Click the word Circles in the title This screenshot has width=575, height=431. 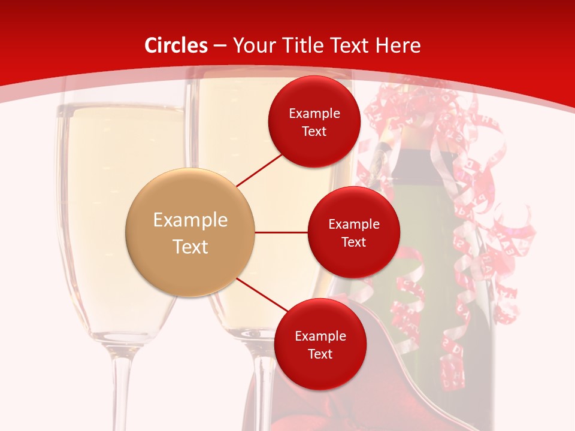[x=176, y=45]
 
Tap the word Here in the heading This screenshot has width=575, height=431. [x=398, y=45]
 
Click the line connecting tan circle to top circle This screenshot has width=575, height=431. [x=261, y=169]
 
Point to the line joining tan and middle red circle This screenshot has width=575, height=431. [x=281, y=232]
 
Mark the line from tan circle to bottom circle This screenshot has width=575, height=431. [x=264, y=295]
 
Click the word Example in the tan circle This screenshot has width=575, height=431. [x=190, y=220]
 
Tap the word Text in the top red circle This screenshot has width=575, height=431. [x=314, y=132]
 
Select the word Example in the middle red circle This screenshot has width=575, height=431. [x=354, y=224]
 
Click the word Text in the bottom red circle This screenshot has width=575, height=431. [x=320, y=354]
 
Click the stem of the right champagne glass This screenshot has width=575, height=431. [x=264, y=389]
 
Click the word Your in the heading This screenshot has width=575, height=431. [x=252, y=45]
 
